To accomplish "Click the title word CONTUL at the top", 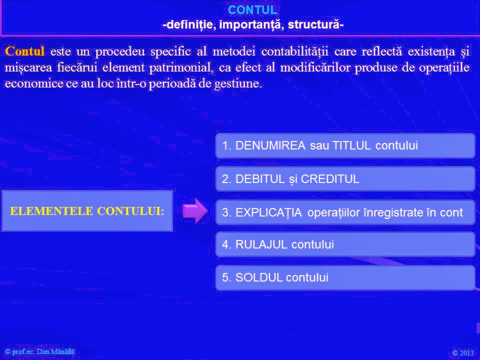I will [x=252, y=10].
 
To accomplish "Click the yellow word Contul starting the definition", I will [x=24, y=51].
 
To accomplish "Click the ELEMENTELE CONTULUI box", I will [x=87, y=210].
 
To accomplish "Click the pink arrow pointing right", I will [x=194, y=210].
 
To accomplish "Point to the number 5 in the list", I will [x=225, y=277].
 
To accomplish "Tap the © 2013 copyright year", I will [x=462, y=353].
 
